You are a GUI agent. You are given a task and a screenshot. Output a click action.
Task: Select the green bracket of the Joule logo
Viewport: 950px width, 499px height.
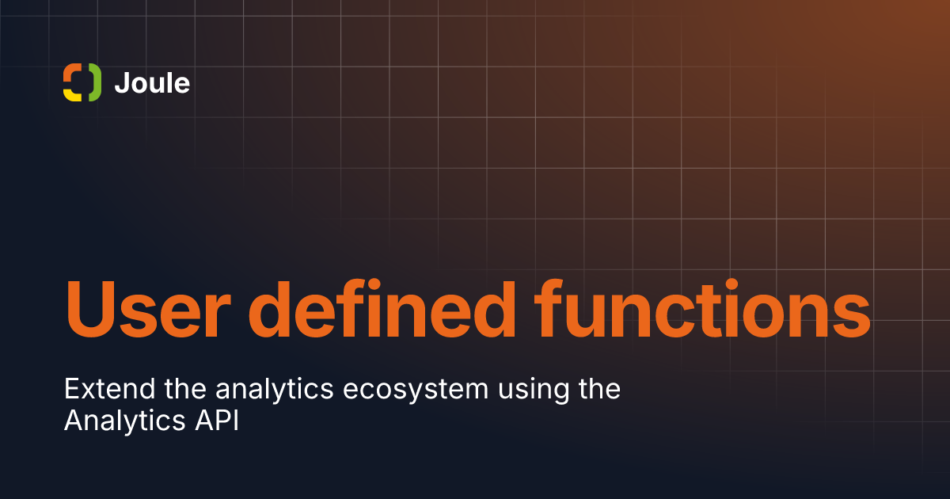pyautogui.click(x=96, y=82)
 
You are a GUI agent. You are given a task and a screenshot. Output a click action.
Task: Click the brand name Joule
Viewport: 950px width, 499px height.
pyautogui.click(x=152, y=82)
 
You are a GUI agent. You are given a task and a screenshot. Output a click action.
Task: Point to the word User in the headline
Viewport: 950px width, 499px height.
pyautogui.click(x=148, y=310)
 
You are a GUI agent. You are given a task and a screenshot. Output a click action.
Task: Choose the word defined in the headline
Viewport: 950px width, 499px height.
pyautogui.click(x=382, y=308)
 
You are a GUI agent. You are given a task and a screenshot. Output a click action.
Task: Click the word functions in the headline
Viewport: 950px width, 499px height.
pyautogui.click(x=702, y=308)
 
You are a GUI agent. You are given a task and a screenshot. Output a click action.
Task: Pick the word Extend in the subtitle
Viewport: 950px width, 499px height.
pyautogui.click(x=110, y=389)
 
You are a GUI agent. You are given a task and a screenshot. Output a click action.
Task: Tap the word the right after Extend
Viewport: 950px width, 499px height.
pyautogui.click(x=185, y=389)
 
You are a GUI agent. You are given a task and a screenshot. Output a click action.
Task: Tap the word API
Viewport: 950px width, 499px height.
pyautogui.click(x=217, y=421)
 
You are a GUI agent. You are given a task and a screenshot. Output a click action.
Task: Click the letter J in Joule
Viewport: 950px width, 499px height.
pyautogui.click(x=122, y=82)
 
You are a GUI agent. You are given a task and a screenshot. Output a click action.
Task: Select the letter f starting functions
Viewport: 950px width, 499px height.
pyautogui.click(x=549, y=308)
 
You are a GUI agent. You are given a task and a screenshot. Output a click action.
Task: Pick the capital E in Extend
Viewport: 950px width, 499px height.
pyautogui.click(x=72, y=389)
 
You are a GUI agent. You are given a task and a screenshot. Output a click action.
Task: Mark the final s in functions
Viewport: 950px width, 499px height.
pyautogui.click(x=850, y=316)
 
